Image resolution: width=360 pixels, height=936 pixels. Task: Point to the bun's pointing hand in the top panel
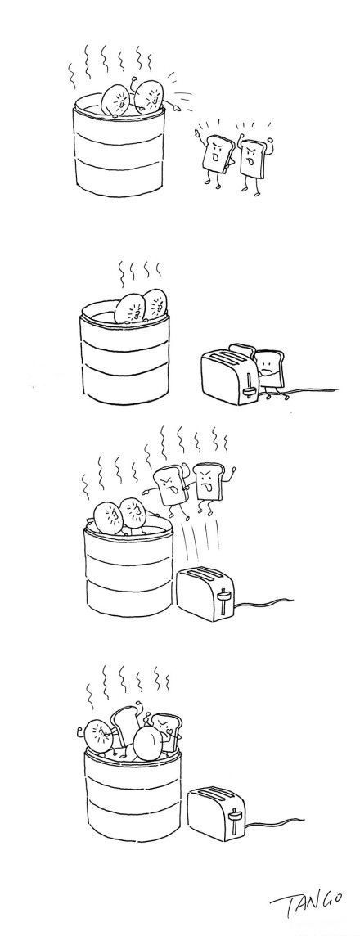tap(175, 107)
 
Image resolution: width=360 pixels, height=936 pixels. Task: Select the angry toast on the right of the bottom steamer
tap(164, 731)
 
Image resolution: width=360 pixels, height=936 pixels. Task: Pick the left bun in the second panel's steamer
tap(128, 308)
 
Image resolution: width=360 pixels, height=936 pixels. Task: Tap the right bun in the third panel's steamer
tap(135, 515)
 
